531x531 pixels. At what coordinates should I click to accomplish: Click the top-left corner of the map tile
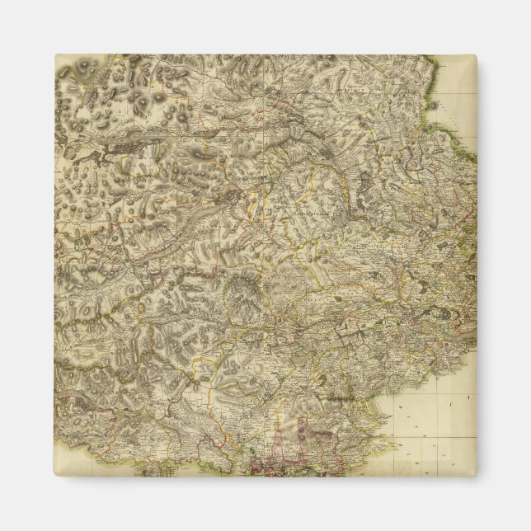[55, 55]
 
